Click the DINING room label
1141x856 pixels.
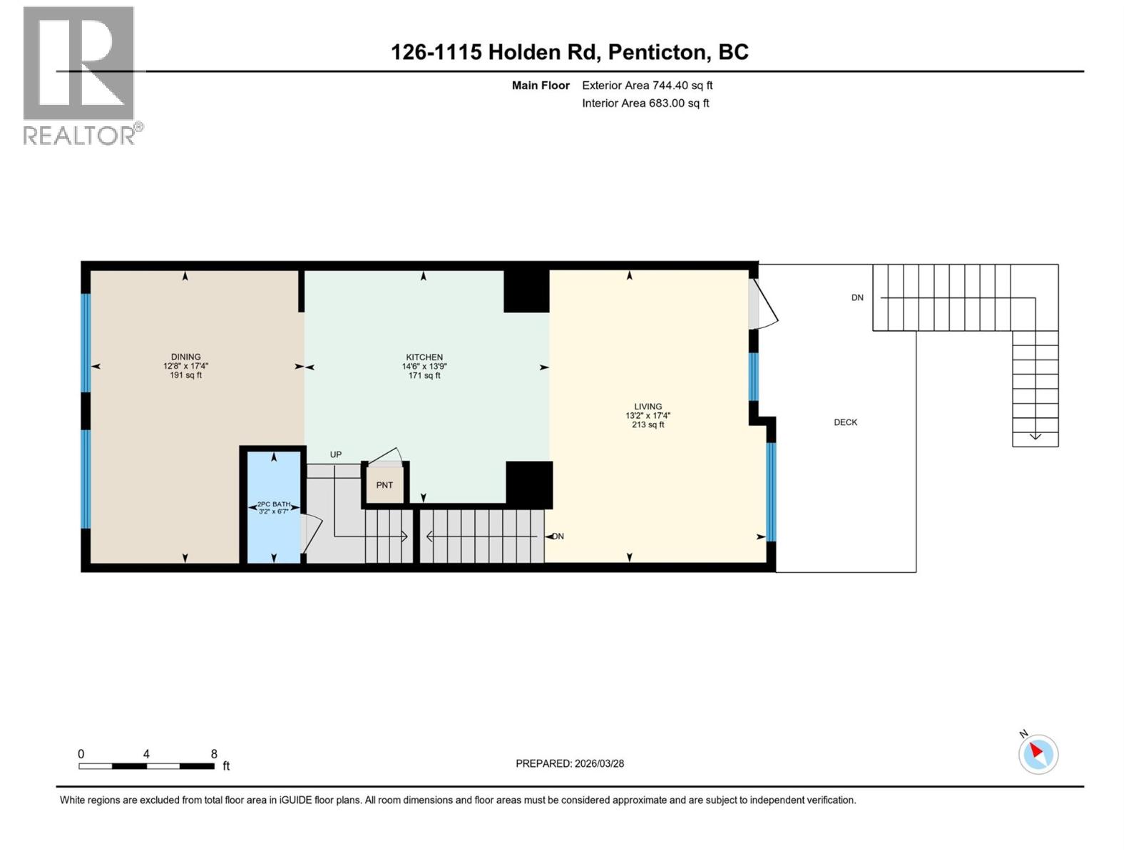185,357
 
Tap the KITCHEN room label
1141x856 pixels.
424,357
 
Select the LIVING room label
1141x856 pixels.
648,407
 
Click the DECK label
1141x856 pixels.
845,422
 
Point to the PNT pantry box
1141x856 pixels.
385,485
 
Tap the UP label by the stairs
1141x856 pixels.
335,454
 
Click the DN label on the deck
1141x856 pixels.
857,297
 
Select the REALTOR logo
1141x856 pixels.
80,75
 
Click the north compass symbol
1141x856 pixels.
1038,754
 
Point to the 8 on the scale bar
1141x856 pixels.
214,754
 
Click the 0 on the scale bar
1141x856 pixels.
81,754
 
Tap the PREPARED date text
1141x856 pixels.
570,763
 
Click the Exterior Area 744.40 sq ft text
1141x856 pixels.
647,85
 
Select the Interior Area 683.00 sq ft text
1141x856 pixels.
645,103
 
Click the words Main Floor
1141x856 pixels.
541,85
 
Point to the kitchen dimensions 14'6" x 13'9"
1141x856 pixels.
424,367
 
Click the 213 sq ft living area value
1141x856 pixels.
648,425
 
